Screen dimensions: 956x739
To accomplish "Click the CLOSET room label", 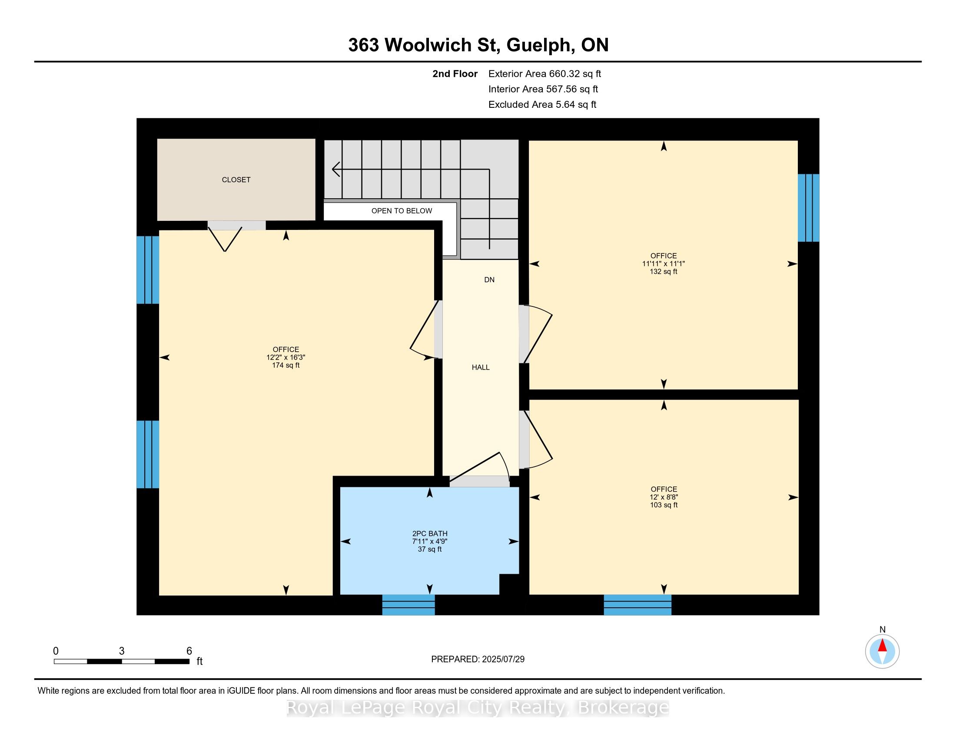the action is coord(236,180).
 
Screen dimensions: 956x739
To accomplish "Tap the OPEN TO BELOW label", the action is coord(402,210).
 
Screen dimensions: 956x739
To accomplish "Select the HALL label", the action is coord(480,367).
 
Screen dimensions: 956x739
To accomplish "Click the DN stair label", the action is coord(489,280).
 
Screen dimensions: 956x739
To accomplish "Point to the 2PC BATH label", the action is coord(429,534).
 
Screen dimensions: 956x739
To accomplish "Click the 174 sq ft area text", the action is coord(285,365).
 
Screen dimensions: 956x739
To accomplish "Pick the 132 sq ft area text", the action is coord(663,271).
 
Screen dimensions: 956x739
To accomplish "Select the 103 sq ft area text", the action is coord(664,505).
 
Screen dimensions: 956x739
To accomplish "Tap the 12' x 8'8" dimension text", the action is coord(664,497).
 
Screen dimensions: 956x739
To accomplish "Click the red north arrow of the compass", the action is coord(882,645).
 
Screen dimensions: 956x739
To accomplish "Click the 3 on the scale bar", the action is coord(122,651).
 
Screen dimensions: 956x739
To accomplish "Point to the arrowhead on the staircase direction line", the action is coord(336,169).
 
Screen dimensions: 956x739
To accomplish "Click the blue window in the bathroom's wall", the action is coord(408,605).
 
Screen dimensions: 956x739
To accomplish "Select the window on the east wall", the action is coord(808,208).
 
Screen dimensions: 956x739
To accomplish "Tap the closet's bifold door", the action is coord(225,239).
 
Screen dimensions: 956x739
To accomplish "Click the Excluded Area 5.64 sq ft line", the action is coord(542,104).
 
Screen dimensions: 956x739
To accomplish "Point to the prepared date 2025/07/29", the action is coord(502,659).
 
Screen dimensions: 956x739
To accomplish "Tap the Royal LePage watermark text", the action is coord(478,708).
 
